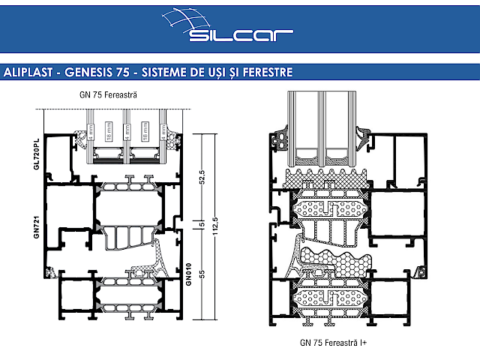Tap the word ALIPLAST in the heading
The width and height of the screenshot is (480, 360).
click(x=29, y=73)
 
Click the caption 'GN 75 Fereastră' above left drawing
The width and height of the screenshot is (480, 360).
click(x=108, y=95)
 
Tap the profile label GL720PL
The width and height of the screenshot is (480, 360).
click(x=36, y=154)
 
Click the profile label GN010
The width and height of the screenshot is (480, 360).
click(x=189, y=271)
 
